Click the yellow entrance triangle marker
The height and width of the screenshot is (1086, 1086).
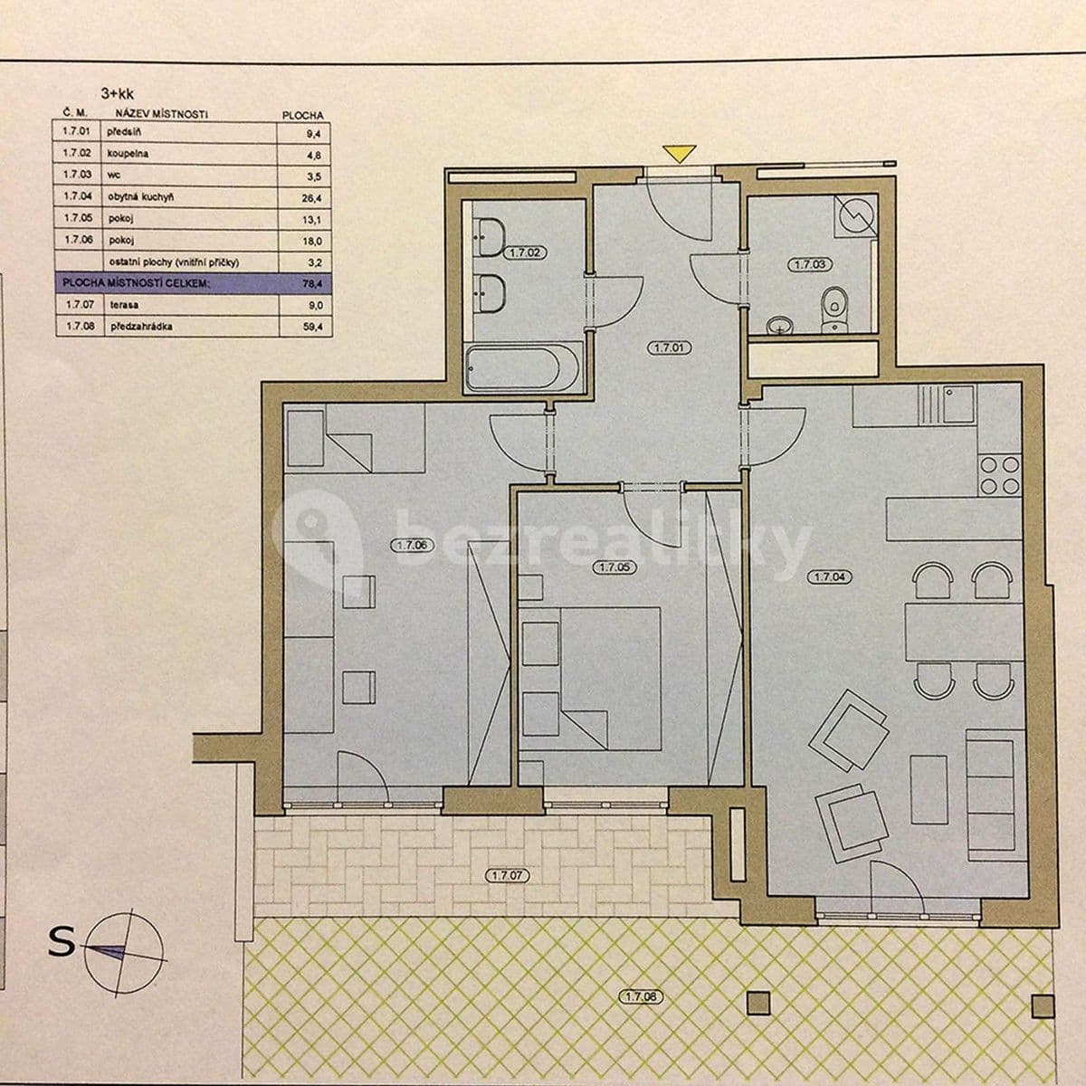point(674,154)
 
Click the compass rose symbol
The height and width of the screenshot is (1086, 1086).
point(128,948)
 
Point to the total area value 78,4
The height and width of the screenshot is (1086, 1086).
point(312,284)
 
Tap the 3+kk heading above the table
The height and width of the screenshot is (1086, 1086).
point(117,91)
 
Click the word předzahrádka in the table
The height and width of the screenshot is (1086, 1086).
point(143,328)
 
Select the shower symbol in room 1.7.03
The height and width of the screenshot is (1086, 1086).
point(855,215)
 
